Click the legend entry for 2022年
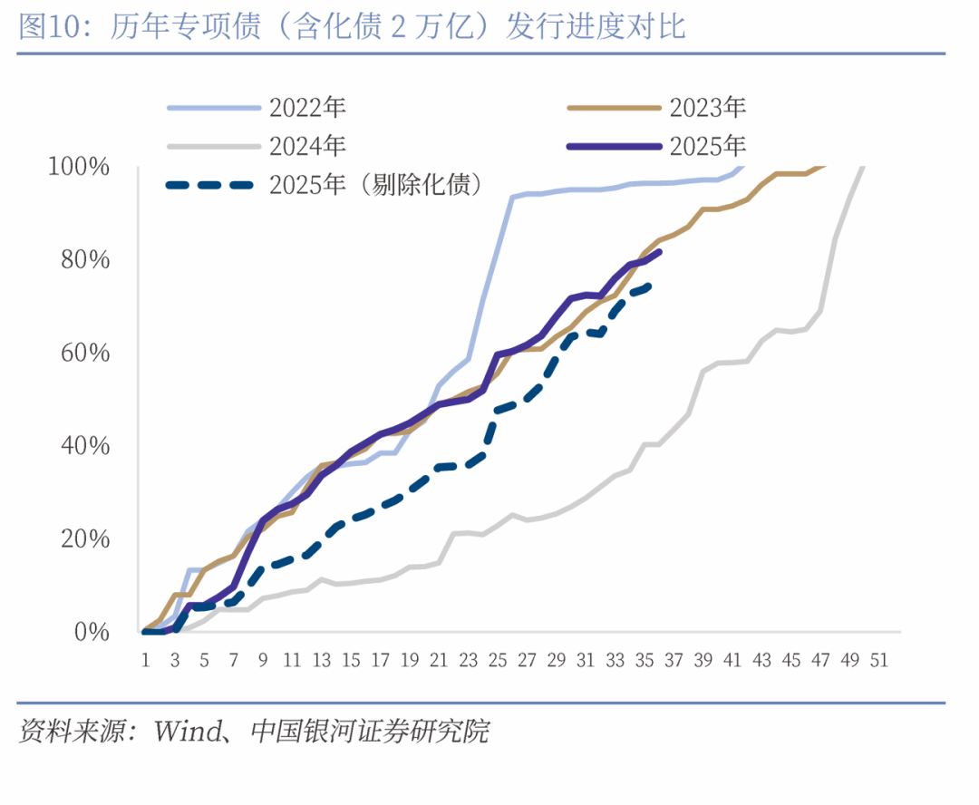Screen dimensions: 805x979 click(307, 108)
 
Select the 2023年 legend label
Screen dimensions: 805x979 click(708, 108)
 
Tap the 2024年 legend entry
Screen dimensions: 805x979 click(307, 145)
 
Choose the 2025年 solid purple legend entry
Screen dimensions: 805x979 click(708, 145)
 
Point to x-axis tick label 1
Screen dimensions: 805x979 click(145, 661)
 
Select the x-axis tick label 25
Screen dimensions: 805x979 click(497, 661)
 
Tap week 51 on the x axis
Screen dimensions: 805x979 click(877, 661)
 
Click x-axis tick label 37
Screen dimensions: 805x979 click(673, 661)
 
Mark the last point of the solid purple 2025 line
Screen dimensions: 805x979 click(659, 252)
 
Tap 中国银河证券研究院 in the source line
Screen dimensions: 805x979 click(368, 731)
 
